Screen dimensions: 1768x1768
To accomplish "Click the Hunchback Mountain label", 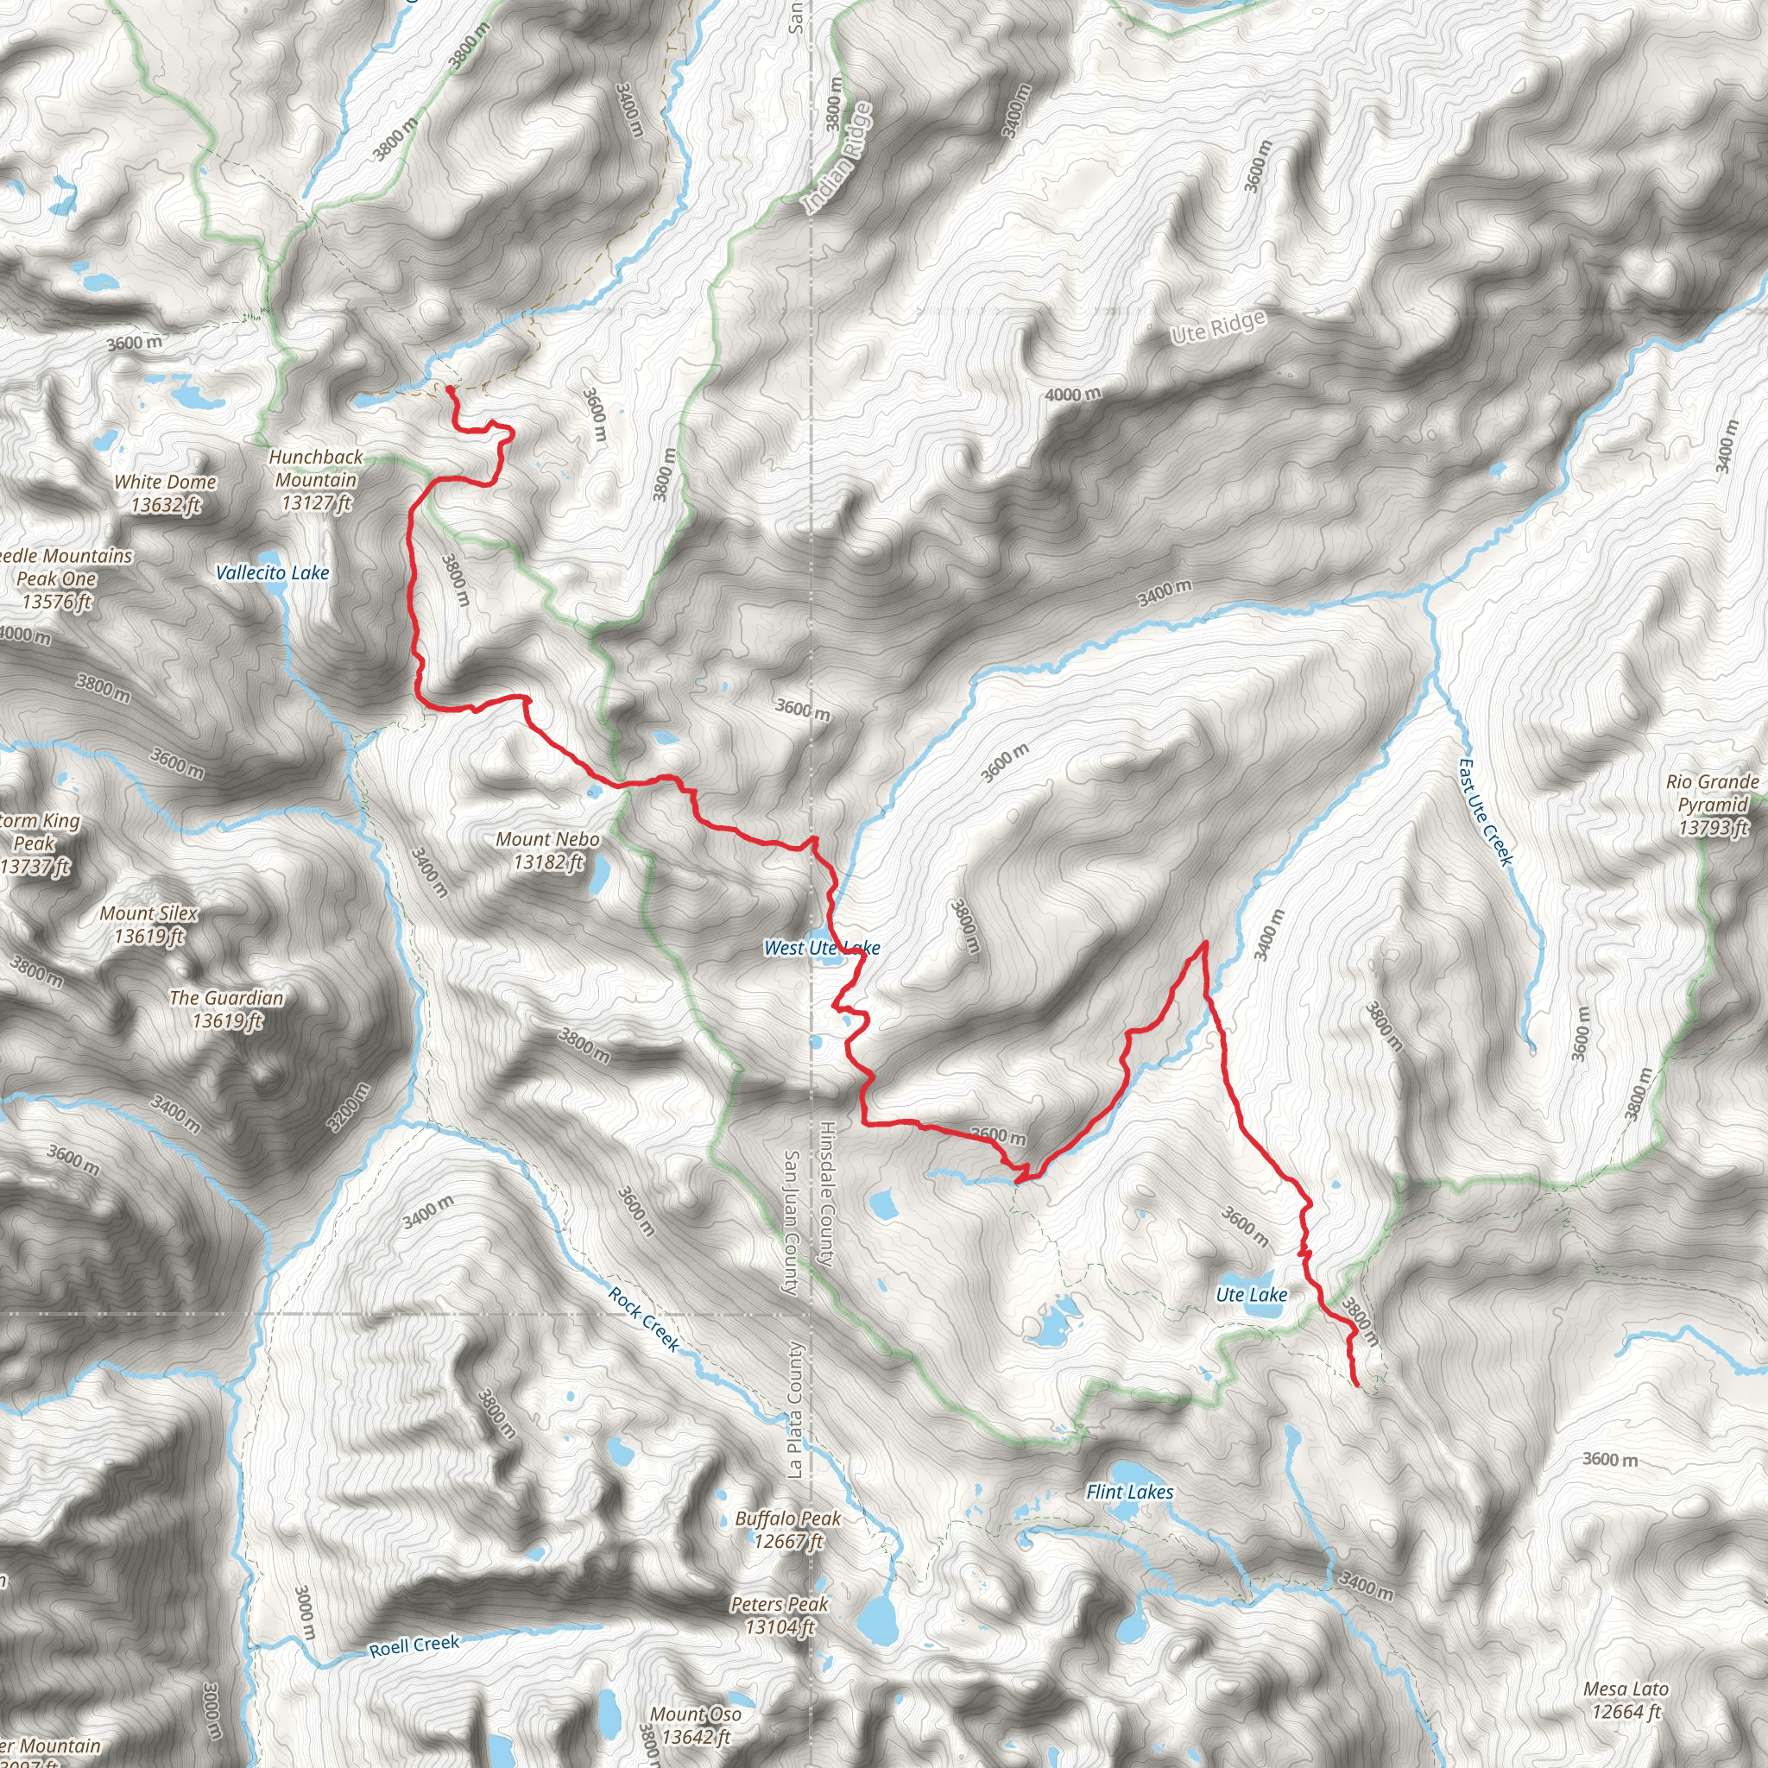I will coord(316,478).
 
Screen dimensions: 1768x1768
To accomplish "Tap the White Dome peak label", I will coord(166,492).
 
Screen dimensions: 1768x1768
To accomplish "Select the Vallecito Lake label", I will coord(272,573).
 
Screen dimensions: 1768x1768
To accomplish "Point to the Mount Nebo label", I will coord(547,850).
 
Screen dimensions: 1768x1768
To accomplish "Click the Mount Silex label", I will coord(149,924).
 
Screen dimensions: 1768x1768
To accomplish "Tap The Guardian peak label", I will coord(226,1008).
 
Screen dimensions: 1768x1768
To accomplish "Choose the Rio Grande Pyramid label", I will coord(1712,805).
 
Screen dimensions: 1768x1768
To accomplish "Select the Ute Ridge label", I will coord(1218,326).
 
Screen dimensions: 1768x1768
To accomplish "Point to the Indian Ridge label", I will coord(837,158).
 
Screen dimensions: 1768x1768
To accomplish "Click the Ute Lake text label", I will coord(1251,1294).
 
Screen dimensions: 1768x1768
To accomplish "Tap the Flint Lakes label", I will coord(1129,1492).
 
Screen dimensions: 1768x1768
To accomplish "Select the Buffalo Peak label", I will coord(788,1529).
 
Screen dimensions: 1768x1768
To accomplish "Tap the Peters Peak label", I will coord(780,1614).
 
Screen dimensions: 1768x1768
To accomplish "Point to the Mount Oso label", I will coord(696,1724).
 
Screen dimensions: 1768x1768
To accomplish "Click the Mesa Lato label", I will coord(1626,1699).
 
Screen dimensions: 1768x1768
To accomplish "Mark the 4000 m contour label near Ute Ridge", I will coord(1073,395).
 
